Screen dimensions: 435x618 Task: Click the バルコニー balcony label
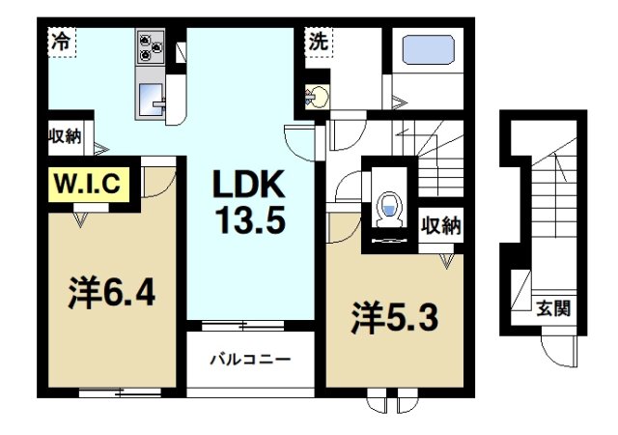[x=251, y=359]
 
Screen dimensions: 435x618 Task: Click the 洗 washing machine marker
[x=319, y=43]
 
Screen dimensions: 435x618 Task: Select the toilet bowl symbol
[x=388, y=207]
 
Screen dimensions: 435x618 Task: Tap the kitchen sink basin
[x=154, y=98]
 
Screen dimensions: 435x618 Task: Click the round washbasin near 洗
[x=317, y=96]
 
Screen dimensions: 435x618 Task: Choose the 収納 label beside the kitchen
[x=66, y=137]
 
